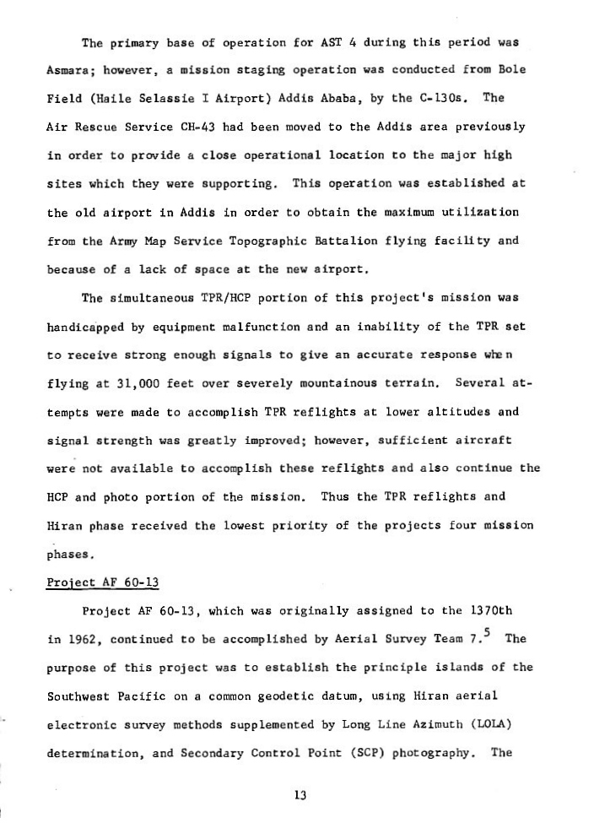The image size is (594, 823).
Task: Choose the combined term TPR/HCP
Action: point(213,298)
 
